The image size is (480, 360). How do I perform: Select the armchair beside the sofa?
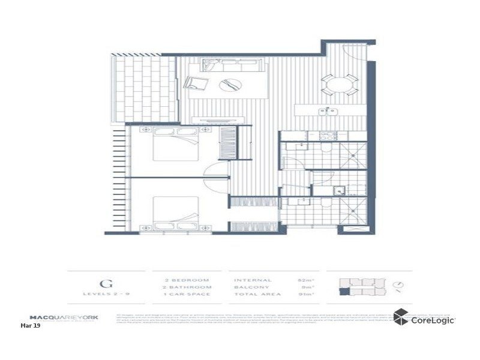click(197, 85)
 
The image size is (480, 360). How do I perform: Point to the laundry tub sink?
click(339, 191)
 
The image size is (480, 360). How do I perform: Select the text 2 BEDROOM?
click(187, 280)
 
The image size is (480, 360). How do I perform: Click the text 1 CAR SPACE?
click(187, 295)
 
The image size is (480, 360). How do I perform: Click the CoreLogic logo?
click(424, 319)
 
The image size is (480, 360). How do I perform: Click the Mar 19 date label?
click(30, 326)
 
